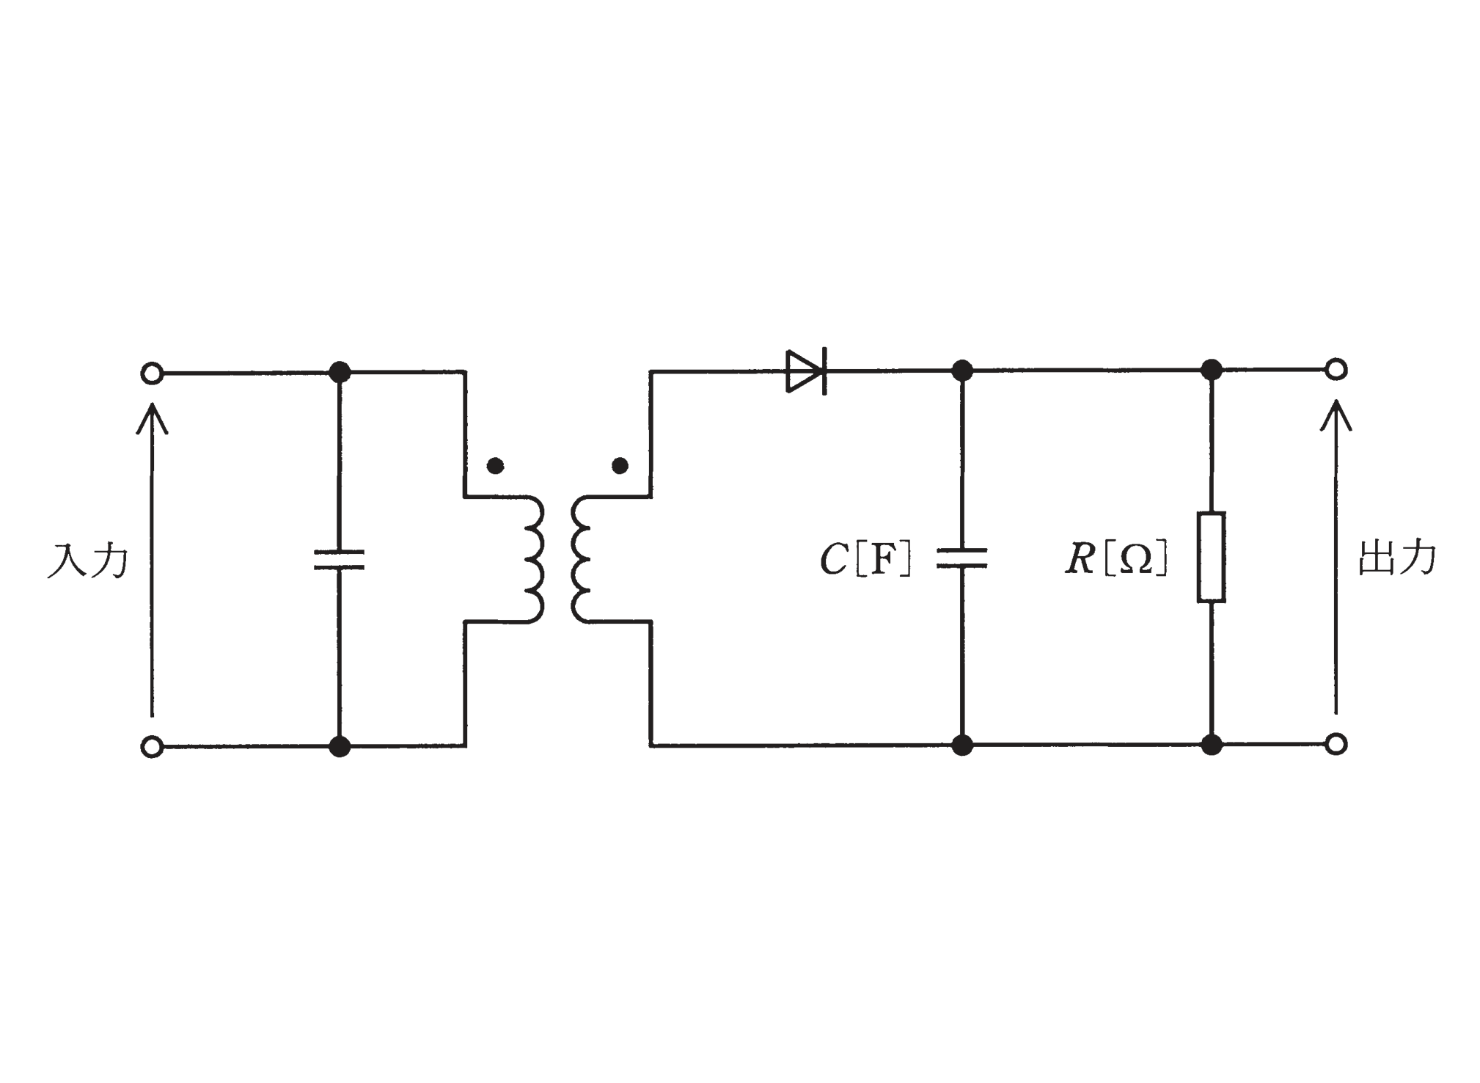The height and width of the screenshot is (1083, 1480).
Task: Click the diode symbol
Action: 806,371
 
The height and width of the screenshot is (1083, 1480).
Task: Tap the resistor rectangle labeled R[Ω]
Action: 1211,557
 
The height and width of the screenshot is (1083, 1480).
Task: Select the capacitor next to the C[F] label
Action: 961,558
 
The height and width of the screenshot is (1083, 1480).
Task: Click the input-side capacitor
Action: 339,559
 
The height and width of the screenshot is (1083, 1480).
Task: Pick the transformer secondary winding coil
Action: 581,559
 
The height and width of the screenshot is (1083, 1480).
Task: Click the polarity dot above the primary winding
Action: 495,465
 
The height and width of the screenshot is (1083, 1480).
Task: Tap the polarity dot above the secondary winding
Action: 620,465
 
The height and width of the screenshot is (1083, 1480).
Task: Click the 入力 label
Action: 87,561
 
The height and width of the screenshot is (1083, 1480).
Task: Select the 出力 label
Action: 1398,558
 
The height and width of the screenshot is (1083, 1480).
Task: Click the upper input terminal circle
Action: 151,373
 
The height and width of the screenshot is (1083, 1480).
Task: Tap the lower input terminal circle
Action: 151,747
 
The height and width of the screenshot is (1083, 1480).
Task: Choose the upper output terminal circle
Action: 1336,369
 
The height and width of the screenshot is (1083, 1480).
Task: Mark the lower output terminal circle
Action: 1336,744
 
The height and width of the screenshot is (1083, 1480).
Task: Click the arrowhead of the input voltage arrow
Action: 152,417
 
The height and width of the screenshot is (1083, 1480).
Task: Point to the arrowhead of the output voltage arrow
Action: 1336,414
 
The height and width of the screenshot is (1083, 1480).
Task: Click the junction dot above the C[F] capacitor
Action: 961,371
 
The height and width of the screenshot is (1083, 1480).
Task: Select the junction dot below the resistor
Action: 1212,745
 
